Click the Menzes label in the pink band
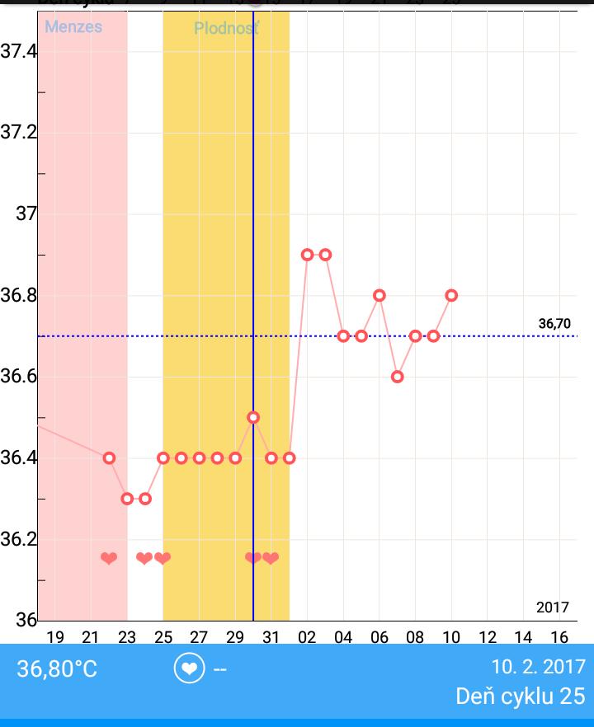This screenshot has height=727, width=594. pyautogui.click(x=73, y=27)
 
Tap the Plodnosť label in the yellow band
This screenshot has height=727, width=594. pyautogui.click(x=226, y=29)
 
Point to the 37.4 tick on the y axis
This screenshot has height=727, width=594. pyautogui.click(x=18, y=52)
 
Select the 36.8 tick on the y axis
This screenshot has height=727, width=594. pyautogui.click(x=18, y=295)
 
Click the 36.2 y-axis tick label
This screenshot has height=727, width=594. pyautogui.click(x=18, y=539)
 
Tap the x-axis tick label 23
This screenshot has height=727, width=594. pyautogui.click(x=127, y=636)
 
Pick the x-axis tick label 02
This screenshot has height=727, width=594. pyautogui.click(x=308, y=636)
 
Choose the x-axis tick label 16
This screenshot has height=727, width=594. pyautogui.click(x=559, y=636)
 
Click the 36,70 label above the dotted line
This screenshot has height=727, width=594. pyautogui.click(x=554, y=324)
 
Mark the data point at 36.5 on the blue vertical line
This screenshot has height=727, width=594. pyautogui.click(x=253, y=417)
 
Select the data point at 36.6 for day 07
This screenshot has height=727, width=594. pyautogui.click(x=398, y=377)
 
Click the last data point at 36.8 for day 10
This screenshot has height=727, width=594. pyautogui.click(x=451, y=295)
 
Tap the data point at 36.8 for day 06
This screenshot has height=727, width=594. pyautogui.click(x=379, y=295)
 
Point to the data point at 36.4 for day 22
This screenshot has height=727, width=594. pyautogui.click(x=109, y=457)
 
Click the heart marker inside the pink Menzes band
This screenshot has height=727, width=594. pyautogui.click(x=109, y=559)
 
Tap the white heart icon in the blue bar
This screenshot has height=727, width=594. pyautogui.click(x=189, y=668)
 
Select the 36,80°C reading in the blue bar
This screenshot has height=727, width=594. pyautogui.click(x=57, y=668)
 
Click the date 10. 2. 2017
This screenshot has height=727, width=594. pyautogui.click(x=538, y=666)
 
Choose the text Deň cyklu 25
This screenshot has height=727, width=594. pyautogui.click(x=520, y=696)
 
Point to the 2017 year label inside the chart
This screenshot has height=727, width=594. pyautogui.click(x=553, y=607)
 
